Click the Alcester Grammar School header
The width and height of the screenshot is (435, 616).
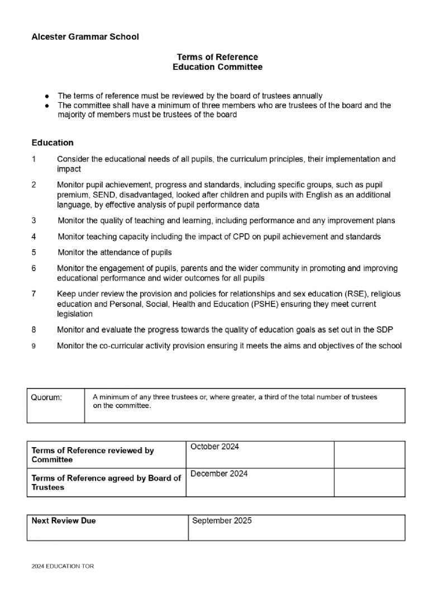point(85,37)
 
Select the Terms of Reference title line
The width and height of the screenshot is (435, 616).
point(217,57)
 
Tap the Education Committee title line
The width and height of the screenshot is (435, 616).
point(217,67)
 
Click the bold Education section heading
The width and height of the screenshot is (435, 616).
point(52,143)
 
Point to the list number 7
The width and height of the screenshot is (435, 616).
point(34,293)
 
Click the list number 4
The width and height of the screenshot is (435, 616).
point(34,236)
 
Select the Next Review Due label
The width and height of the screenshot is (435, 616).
point(64,520)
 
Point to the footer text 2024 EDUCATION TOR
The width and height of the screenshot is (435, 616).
point(63,566)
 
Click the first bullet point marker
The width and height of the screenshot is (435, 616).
point(48,96)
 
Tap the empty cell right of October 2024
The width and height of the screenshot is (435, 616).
point(369,454)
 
